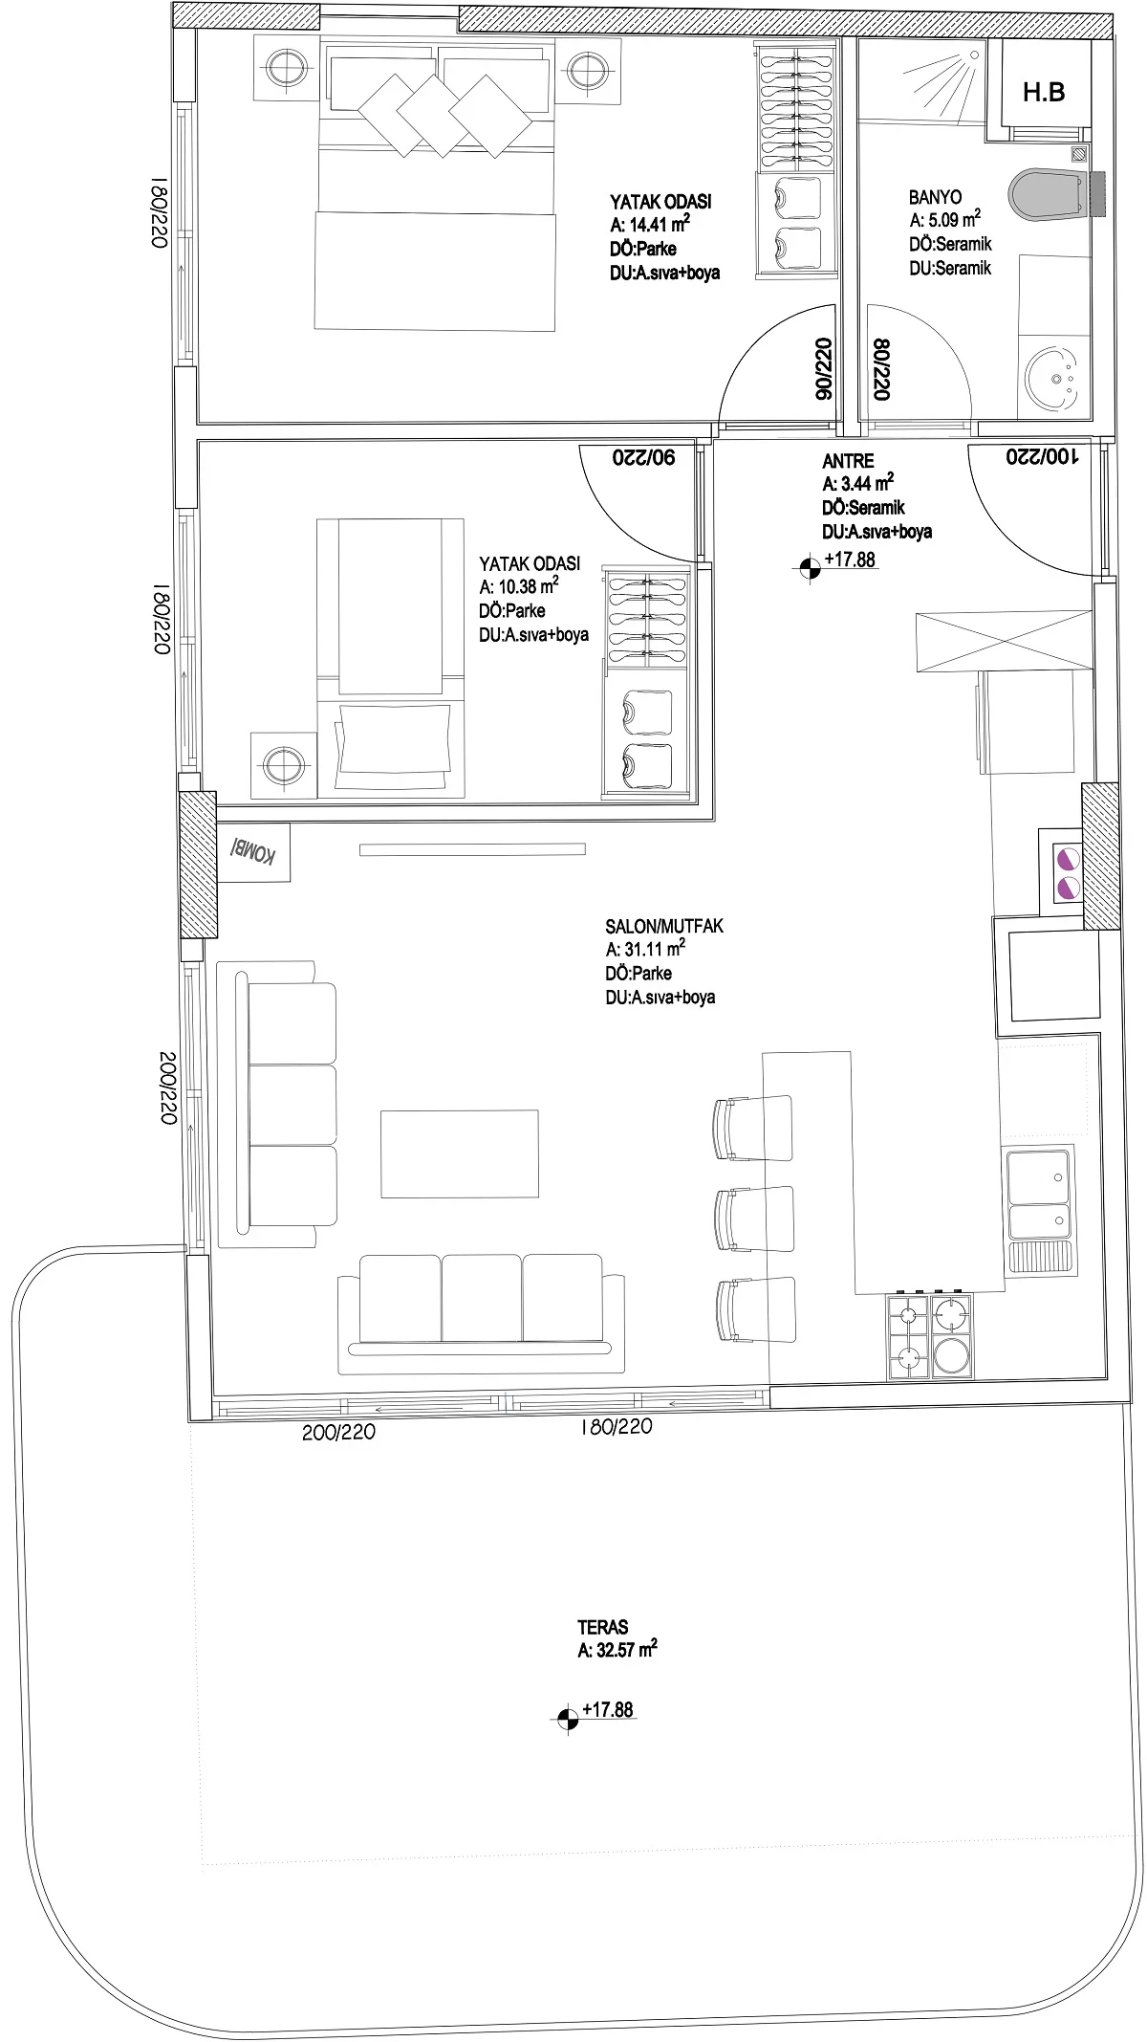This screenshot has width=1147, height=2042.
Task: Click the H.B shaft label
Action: pos(1043,93)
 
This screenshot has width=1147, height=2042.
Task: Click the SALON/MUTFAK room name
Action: pos(664,926)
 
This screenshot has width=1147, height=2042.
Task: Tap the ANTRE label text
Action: pos(848,461)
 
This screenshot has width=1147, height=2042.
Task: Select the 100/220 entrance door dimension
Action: pos(1042,457)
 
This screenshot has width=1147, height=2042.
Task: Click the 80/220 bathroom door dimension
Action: pos(879,367)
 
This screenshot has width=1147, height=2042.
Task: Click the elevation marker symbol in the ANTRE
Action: pos(810,568)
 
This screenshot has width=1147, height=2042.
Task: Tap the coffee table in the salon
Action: pos(460,1153)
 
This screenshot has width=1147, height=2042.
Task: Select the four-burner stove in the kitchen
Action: pos(931,1337)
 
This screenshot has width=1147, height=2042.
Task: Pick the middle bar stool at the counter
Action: pos(754,1218)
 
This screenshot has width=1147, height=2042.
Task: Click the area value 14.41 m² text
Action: pos(650,225)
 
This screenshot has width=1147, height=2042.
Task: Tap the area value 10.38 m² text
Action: pos(519,586)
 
